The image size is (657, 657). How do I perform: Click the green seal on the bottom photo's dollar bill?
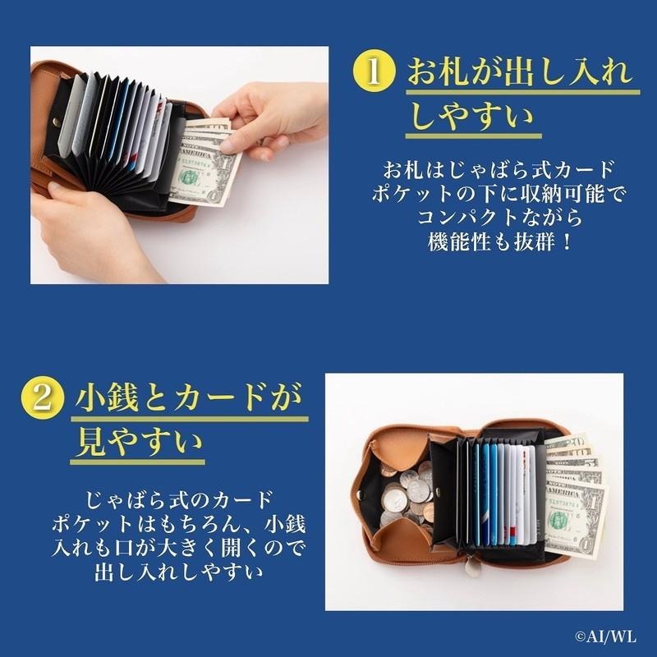(x=558, y=519)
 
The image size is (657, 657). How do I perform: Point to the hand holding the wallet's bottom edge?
(x=90, y=230)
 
